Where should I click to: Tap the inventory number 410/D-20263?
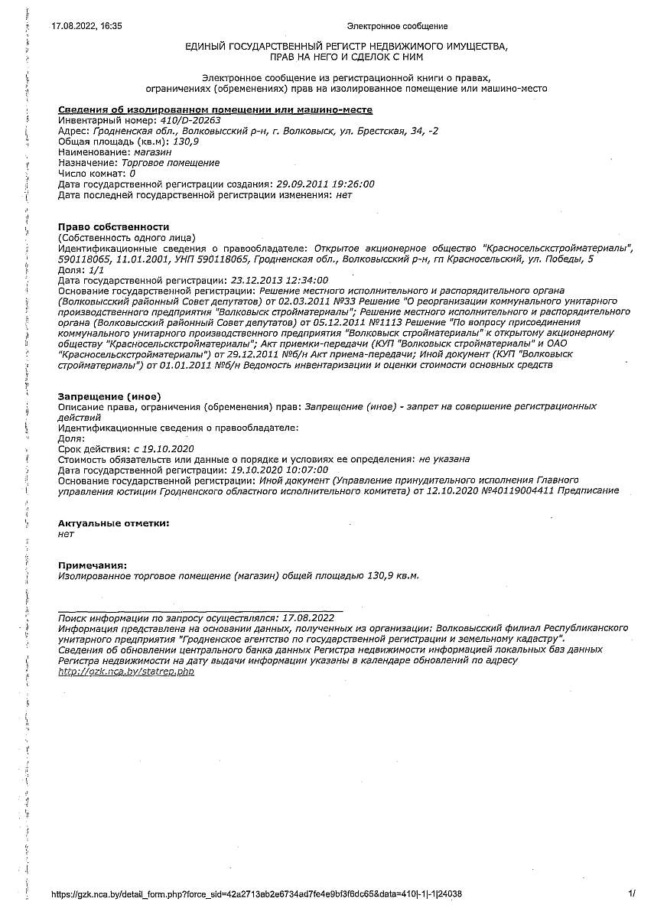point(181,120)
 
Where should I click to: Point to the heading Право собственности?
point(113,227)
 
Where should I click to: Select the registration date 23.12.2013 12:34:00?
point(279,281)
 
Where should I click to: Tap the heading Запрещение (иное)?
point(109,396)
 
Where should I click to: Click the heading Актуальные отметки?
point(114,523)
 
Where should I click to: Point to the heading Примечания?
point(93,565)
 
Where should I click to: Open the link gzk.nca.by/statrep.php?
point(126,671)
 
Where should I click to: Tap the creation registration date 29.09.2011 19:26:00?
point(324,184)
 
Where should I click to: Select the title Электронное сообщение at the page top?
point(397,26)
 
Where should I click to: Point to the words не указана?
point(444,459)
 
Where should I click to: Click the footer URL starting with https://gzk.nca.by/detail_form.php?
point(256,894)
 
